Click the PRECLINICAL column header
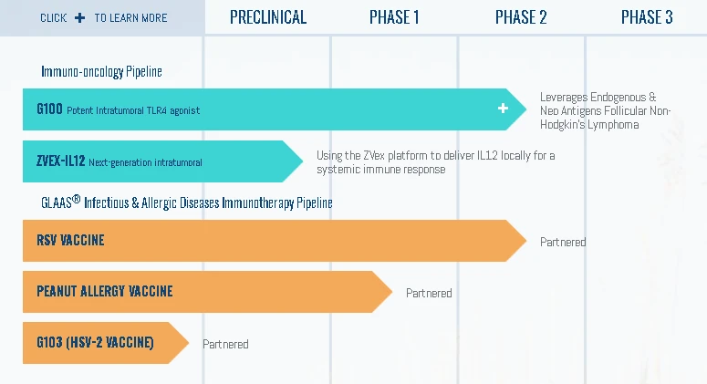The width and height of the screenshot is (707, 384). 268,17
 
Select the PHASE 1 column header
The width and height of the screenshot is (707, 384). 394,17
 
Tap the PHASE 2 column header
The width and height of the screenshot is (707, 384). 521,17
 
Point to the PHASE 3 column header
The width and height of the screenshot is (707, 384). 647,17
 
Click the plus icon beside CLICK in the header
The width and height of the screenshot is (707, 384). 80,17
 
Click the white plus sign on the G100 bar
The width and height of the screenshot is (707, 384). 503,109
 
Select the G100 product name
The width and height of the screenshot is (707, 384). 49,109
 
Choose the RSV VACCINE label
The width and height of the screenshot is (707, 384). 70,241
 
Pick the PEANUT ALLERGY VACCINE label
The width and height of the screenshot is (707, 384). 105,292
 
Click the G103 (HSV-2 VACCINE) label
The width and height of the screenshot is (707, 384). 95,343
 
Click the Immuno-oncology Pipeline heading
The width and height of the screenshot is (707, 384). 102,71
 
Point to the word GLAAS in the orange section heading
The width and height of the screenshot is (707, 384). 56,202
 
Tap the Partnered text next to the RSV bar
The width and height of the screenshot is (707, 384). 563,243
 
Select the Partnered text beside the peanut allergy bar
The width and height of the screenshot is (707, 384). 429,294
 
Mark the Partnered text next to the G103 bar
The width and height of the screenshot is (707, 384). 225,345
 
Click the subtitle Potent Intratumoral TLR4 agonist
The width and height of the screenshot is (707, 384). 133,110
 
